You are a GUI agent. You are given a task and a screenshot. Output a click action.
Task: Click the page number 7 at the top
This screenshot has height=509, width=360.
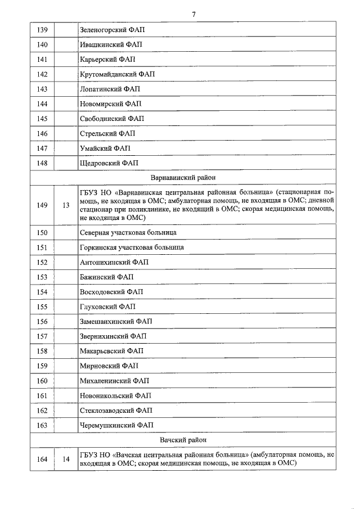193,13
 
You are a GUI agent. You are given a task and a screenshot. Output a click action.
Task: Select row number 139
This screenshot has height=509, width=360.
42,30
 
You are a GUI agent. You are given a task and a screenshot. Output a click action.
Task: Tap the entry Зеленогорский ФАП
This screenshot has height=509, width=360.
112,30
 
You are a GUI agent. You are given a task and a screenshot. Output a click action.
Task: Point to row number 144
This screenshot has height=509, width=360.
42,104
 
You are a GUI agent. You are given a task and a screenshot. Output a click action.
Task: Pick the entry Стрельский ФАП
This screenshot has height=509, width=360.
107,134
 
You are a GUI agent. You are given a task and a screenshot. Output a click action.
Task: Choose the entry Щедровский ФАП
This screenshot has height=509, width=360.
109,163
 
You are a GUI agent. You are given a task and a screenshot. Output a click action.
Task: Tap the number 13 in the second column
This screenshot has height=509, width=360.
66,205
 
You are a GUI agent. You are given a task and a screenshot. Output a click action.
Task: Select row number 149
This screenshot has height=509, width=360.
42,205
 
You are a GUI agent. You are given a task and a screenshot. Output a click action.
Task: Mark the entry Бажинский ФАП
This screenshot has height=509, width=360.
106,277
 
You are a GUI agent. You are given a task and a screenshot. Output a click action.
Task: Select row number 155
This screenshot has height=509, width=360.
42,307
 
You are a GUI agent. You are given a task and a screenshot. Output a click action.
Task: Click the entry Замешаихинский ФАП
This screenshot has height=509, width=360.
116,322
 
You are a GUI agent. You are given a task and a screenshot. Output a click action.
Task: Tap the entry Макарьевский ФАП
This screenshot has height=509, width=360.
111,351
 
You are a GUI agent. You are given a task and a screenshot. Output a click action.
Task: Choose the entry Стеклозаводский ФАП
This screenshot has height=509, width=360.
116,411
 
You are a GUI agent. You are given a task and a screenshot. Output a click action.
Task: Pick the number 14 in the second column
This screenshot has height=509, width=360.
66,460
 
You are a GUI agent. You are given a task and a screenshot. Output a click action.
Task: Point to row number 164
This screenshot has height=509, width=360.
42,460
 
